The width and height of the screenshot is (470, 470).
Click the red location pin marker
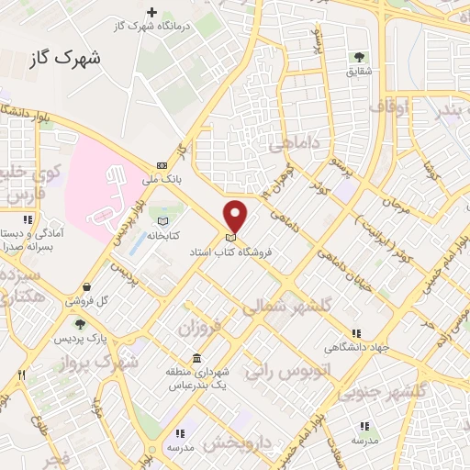[236, 217]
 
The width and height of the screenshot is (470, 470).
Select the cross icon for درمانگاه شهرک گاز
[152, 13]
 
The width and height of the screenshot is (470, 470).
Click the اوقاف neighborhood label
[387, 108]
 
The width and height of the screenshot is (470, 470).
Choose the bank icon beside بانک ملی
[162, 166]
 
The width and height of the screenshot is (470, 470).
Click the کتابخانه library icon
[163, 221]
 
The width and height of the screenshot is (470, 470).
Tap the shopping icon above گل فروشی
[86, 286]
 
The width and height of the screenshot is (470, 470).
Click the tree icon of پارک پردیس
[81, 323]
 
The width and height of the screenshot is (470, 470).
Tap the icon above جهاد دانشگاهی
[356, 333]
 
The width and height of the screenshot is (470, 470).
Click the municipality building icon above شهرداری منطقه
[196, 358]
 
